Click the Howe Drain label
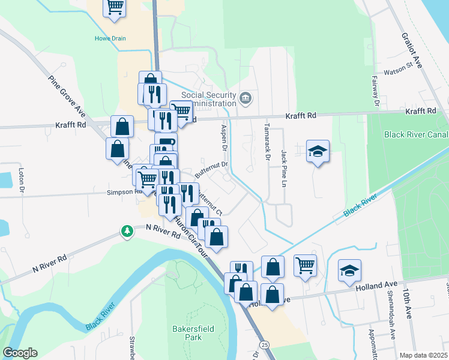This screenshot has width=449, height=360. pyautogui.click(x=110, y=38)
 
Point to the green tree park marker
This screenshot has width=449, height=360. pyautogui.click(x=127, y=231)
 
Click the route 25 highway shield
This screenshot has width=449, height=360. pyautogui.click(x=264, y=344)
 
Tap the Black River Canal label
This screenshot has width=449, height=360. pyautogui.click(x=416, y=134)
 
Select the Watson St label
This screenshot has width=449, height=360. pyautogui.click(x=409, y=65)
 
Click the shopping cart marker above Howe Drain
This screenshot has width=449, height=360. pyautogui.click(x=114, y=7)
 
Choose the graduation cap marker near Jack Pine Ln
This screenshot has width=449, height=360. pyautogui.click(x=318, y=152)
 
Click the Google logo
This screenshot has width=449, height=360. pyautogui.click(x=20, y=353)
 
